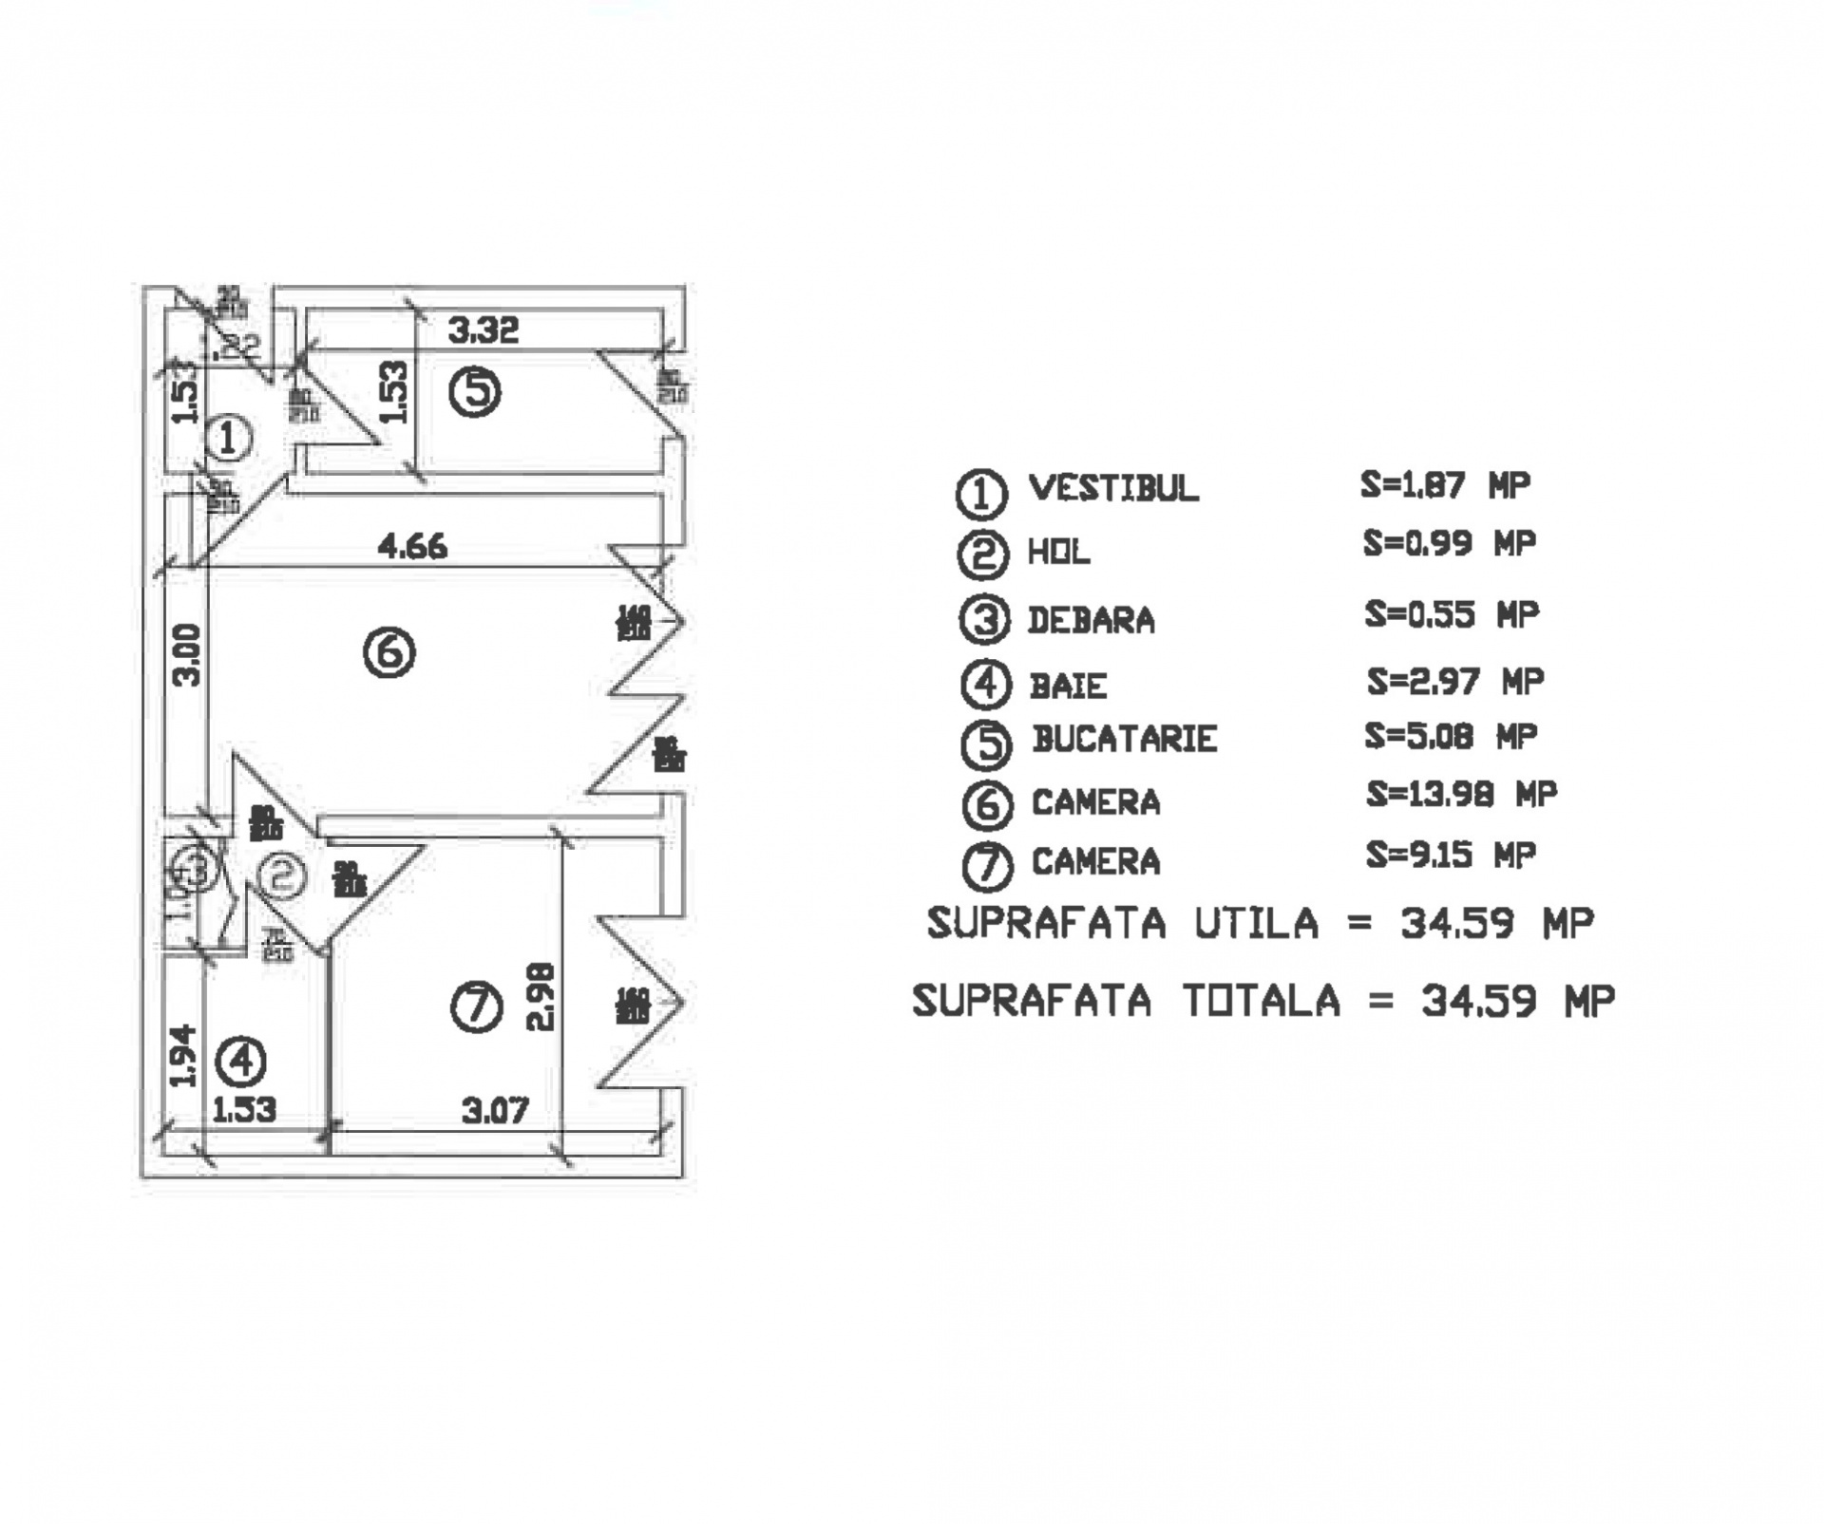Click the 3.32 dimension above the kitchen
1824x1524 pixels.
pos(484,330)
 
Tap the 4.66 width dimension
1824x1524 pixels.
pos(412,547)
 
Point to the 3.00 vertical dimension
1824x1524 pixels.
pos(188,654)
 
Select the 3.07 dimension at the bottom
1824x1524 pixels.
pos(495,1110)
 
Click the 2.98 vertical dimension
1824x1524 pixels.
pos(540,997)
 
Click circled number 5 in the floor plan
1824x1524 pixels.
pos(475,392)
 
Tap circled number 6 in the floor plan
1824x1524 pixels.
pos(389,652)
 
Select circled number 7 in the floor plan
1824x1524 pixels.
pos(476,1007)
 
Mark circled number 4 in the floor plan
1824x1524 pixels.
pos(241,1062)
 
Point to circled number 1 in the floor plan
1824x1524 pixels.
pos(228,439)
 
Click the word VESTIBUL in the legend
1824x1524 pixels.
pos(1113,488)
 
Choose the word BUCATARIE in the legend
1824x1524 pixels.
pos(1125,739)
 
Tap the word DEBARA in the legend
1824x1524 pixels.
pos(1092,620)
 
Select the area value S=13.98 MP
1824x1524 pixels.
pos(1461,794)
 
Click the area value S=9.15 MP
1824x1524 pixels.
pos(1451,855)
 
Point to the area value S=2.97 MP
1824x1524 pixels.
pos(1455,681)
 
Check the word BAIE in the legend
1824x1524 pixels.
pos(1069,686)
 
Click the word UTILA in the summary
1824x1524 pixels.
pos(1256,923)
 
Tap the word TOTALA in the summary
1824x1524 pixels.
pos(1262,1001)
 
